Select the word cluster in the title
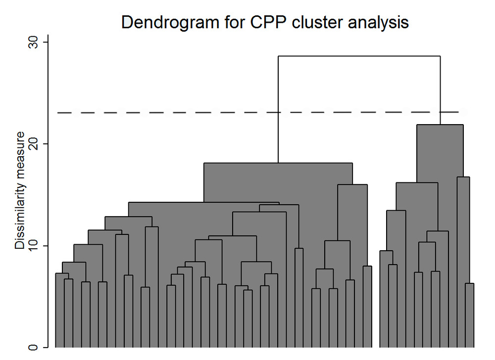click(288, 23)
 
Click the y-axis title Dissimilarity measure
click(20, 190)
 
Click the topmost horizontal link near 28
click(359, 56)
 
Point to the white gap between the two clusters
click(376, 297)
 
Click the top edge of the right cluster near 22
click(440, 125)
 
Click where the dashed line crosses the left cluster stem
click(278, 113)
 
